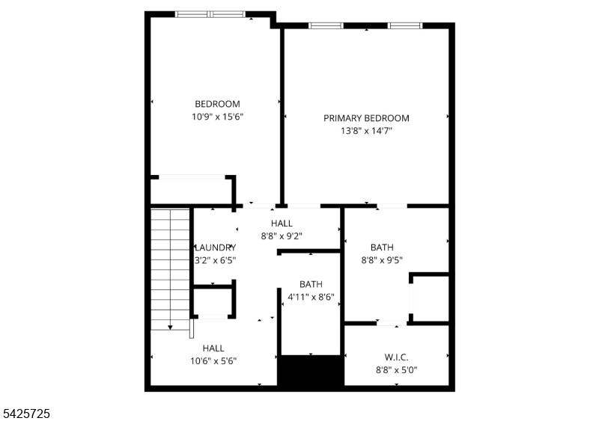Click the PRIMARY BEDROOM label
(366, 118)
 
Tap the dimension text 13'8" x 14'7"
(366, 131)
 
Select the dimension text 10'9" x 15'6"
(217, 117)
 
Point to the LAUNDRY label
(216, 248)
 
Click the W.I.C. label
(396, 357)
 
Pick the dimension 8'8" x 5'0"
(396, 369)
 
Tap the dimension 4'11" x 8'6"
(311, 297)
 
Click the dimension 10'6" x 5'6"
(213, 360)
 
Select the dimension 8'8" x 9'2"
(282, 236)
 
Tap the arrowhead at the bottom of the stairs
(170, 327)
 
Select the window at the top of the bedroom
(210, 13)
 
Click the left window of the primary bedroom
(326, 26)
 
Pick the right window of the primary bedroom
(405, 26)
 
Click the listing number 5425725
(26, 413)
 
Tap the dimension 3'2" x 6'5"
(216, 261)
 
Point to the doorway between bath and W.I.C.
(391, 323)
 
